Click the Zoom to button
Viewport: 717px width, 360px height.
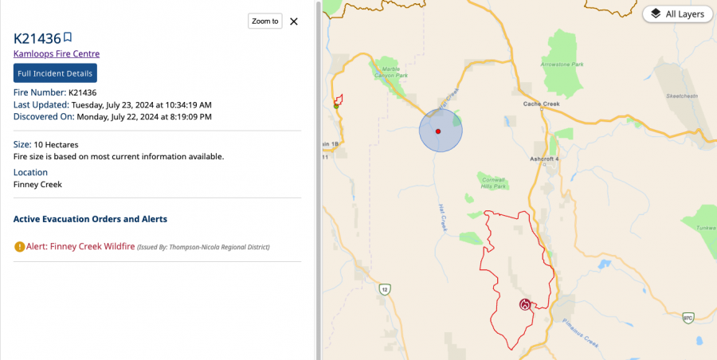click(x=265, y=22)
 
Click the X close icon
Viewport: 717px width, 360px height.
click(x=294, y=22)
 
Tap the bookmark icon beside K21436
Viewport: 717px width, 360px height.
click(x=68, y=37)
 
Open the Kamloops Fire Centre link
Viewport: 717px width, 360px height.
click(x=57, y=53)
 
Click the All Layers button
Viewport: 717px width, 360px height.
click(x=677, y=14)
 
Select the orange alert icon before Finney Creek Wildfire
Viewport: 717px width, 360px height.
click(x=19, y=247)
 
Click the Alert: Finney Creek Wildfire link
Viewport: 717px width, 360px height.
click(x=80, y=247)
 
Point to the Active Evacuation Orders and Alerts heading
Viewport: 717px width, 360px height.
click(x=90, y=218)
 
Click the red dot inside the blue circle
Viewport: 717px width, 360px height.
click(x=438, y=130)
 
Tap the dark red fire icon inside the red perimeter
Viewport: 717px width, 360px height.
click(x=524, y=304)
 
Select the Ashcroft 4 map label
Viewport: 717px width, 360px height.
click(x=545, y=158)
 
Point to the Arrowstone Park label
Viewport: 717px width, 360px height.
click(x=562, y=64)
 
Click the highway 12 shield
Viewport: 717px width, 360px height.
click(x=385, y=288)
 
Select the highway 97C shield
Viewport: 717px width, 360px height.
click(x=688, y=318)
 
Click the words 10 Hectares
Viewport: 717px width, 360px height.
click(x=56, y=144)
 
